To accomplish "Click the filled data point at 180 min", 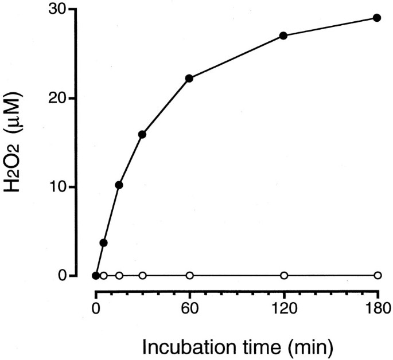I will click(377, 18).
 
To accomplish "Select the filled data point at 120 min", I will click(283, 36).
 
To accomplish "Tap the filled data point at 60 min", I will click(189, 78).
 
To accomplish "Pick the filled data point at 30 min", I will click(142, 134).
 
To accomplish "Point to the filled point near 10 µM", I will click(119, 185).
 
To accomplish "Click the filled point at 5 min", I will click(103, 243).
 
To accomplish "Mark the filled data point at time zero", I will click(96, 276).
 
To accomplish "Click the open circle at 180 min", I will click(377, 276).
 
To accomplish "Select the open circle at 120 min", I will click(283, 276).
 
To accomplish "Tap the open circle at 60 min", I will click(189, 276).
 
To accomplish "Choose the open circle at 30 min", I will click(142, 276).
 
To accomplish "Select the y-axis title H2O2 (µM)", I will click(18, 141).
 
